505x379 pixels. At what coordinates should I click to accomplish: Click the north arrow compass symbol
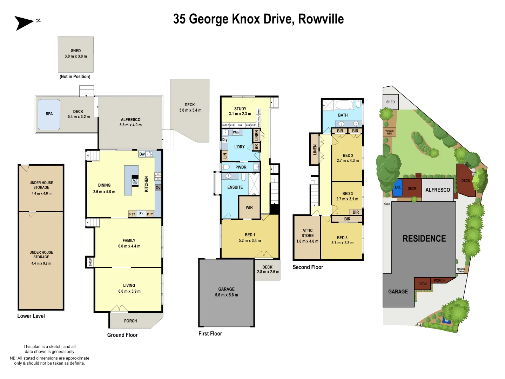pyautogui.click(x=24, y=23)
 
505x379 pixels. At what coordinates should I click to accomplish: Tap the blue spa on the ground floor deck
pyautogui.click(x=49, y=114)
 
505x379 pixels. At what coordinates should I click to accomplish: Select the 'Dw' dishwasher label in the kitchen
pyautogui.click(x=142, y=154)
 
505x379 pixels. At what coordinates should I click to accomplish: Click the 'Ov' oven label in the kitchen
pyautogui.click(x=158, y=188)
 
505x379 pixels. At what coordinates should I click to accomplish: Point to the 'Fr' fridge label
pyautogui.click(x=141, y=214)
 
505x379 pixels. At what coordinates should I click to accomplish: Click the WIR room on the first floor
pyautogui.click(x=249, y=207)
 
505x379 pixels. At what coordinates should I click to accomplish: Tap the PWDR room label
pyautogui.click(x=241, y=167)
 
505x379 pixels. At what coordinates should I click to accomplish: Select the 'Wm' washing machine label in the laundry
pyautogui.click(x=236, y=132)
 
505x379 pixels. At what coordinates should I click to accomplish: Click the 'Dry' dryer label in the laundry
pyautogui.click(x=225, y=140)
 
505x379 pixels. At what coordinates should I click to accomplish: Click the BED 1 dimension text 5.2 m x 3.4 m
pyautogui.click(x=250, y=241)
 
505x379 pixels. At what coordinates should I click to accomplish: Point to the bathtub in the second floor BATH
pyautogui.click(x=344, y=105)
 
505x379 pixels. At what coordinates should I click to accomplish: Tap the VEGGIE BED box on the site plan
pyautogui.click(x=390, y=132)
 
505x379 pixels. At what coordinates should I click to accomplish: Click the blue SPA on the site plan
pyautogui.click(x=397, y=188)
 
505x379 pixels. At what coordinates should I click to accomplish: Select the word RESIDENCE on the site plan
pyautogui.click(x=424, y=239)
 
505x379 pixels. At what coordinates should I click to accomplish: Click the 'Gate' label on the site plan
pyautogui.click(x=387, y=204)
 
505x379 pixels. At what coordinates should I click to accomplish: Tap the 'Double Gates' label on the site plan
pyautogui.click(x=461, y=270)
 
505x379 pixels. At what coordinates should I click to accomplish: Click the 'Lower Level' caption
pyautogui.click(x=31, y=316)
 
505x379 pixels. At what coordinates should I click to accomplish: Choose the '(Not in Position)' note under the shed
pyautogui.click(x=75, y=77)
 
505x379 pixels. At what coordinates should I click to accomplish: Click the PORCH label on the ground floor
pyautogui.click(x=130, y=321)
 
